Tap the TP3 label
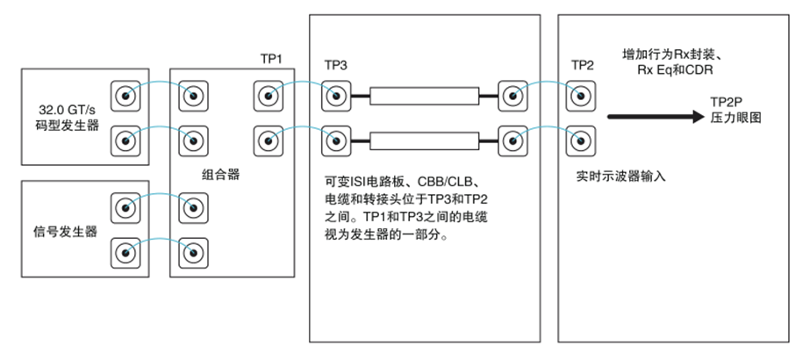tap(336, 66)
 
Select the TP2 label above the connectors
tap(584, 66)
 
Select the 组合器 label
tap(219, 173)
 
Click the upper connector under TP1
tap(267, 95)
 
